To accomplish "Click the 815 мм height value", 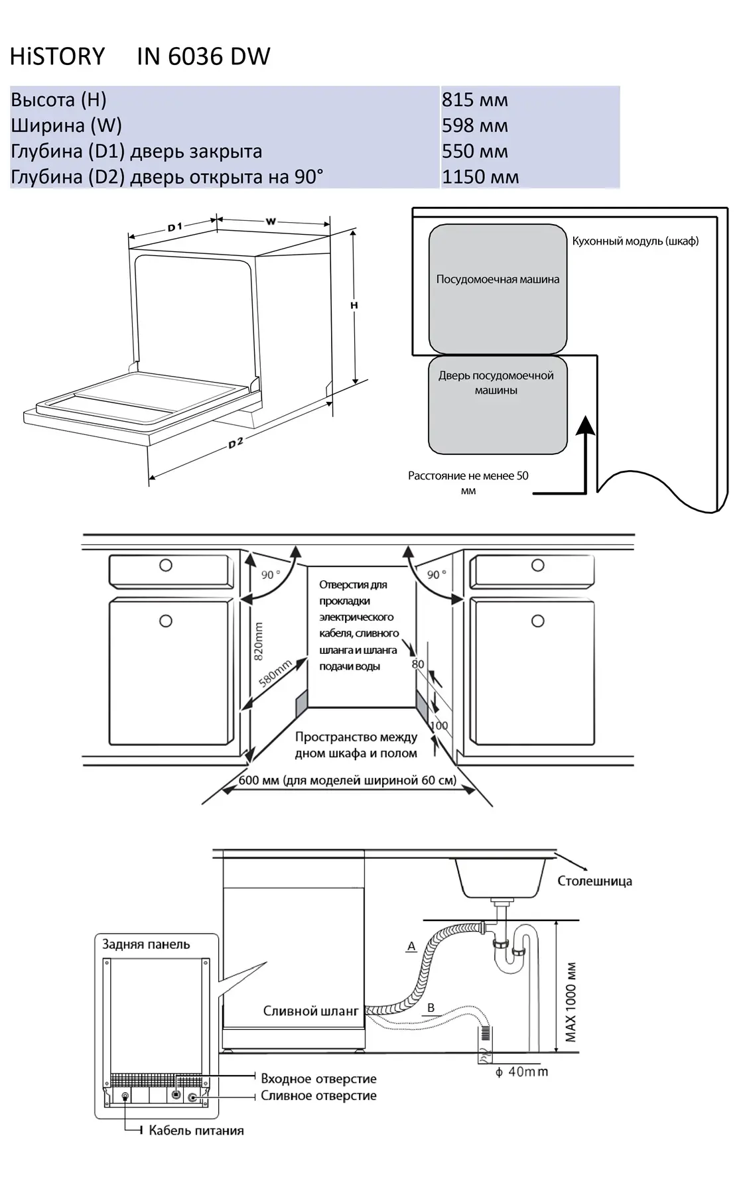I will (x=474, y=100).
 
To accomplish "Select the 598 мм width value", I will (x=474, y=125).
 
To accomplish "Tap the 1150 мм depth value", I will (x=480, y=177).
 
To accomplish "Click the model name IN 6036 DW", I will (x=203, y=56).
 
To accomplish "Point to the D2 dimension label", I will (x=236, y=444).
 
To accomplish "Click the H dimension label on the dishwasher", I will (x=354, y=305).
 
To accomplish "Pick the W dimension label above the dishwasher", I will (x=271, y=221).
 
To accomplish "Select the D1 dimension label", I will (x=174, y=227).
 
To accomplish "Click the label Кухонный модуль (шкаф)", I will (x=635, y=241).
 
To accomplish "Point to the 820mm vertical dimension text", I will (x=259, y=641).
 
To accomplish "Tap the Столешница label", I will (x=594, y=881).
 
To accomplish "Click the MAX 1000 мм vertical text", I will (x=571, y=1002).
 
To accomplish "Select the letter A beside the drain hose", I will (x=411, y=946).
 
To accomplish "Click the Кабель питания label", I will (x=196, y=1131).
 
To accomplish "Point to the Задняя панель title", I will (x=146, y=944).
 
